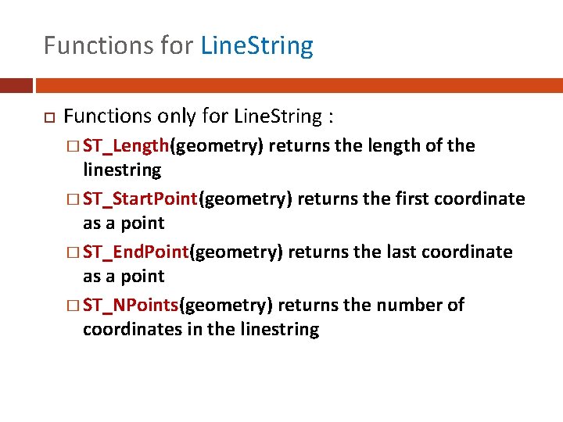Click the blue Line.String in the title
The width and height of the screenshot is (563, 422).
pyautogui.click(x=256, y=45)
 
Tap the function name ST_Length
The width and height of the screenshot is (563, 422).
pyautogui.click(x=127, y=145)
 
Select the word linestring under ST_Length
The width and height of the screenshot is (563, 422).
pyautogui.click(x=121, y=170)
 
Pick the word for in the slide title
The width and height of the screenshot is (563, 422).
pyautogui.click(x=178, y=45)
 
